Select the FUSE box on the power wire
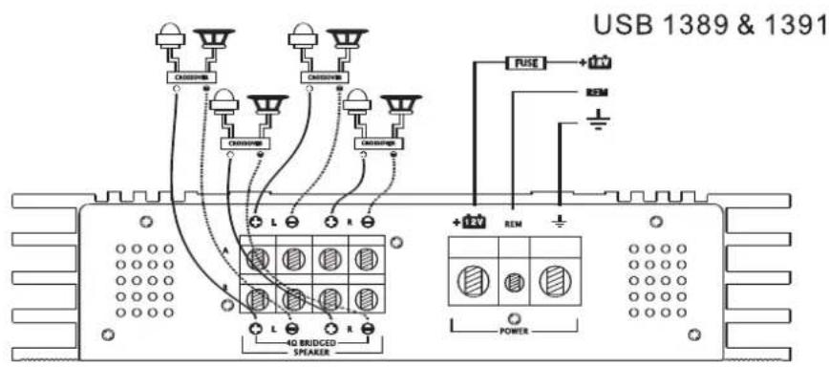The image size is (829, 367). pyautogui.click(x=528, y=64)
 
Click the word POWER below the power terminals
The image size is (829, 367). pyautogui.click(x=515, y=334)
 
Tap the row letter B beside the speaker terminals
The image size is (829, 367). pyautogui.click(x=225, y=286)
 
